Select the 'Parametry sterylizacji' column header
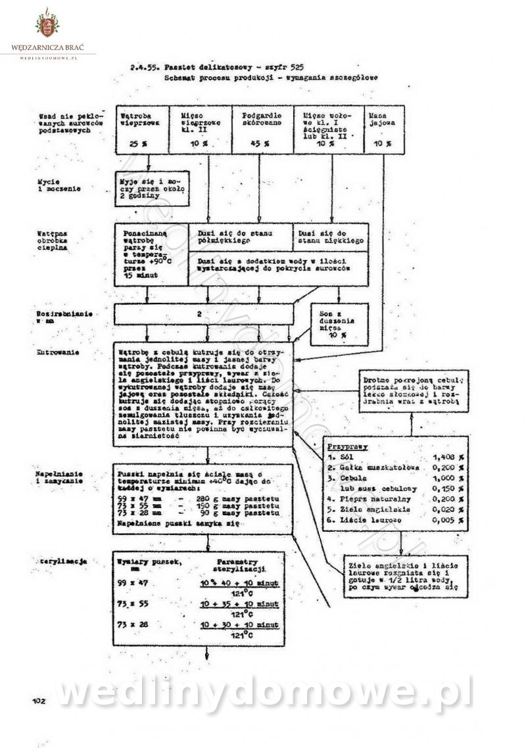(241, 566)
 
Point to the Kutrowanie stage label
(59, 352)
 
